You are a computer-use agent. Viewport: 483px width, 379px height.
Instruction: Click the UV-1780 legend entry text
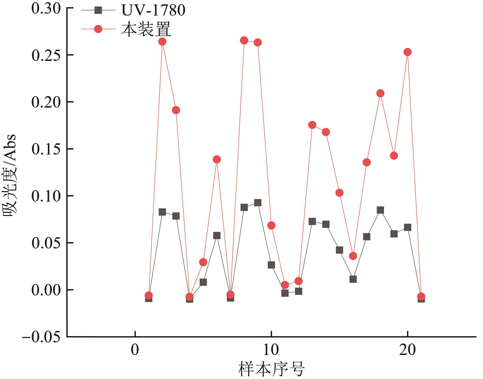153,10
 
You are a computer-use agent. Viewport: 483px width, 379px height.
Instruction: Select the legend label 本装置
146,29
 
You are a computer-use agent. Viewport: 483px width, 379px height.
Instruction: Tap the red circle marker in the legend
98,29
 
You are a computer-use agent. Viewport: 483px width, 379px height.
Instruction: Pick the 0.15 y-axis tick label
46,149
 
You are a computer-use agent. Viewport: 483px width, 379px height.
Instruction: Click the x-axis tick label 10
271,350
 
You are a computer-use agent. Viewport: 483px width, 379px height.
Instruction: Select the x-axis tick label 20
407,350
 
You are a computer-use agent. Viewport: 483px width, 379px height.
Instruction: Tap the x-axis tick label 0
135,350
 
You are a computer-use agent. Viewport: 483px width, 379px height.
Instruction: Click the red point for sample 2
162,42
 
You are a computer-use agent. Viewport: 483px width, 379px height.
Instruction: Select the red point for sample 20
408,52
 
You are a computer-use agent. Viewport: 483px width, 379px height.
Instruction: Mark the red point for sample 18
380,93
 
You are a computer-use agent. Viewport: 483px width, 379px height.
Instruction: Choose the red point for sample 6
217,159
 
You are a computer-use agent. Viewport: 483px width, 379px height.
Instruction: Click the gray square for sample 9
257,203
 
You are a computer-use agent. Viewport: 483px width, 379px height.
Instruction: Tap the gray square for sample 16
353,279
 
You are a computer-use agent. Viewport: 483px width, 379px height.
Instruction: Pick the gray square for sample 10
271,265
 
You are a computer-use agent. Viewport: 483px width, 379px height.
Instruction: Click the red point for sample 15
339,193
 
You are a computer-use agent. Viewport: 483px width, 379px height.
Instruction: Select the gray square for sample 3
176,216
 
